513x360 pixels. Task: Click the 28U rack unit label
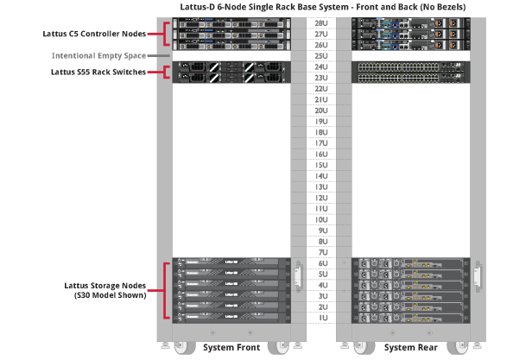click(x=321, y=23)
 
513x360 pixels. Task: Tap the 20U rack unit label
click(x=321, y=111)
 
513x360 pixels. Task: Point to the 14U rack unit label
click(x=321, y=176)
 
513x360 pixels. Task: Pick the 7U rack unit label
click(x=321, y=252)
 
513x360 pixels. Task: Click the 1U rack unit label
click(x=321, y=318)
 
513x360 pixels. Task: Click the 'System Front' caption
click(x=231, y=347)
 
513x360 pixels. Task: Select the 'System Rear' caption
click(x=410, y=347)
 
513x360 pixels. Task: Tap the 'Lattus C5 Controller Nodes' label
click(x=94, y=35)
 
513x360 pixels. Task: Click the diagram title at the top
click(x=322, y=7)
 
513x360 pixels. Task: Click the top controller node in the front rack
click(x=231, y=23)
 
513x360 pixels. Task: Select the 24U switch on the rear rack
click(x=410, y=66)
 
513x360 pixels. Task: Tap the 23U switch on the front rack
click(x=231, y=78)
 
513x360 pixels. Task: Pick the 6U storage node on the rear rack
click(x=410, y=262)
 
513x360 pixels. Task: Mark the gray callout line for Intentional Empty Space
click(x=161, y=56)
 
